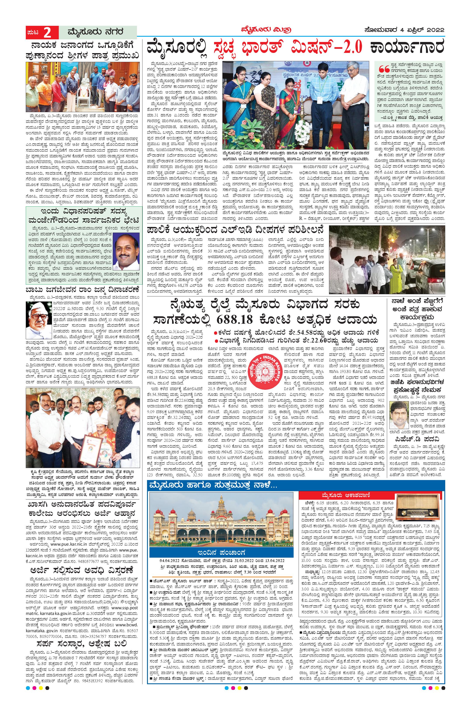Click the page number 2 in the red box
pos(47,32)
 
